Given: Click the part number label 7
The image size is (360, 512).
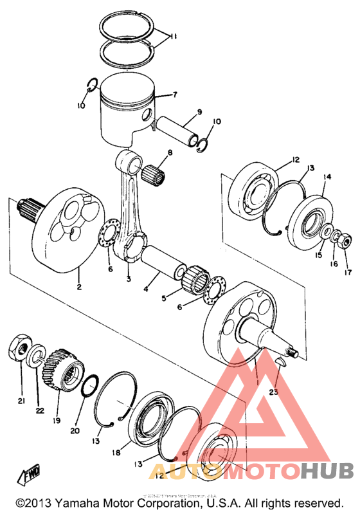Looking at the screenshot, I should click(174, 95).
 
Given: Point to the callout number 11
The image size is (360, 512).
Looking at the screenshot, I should click(175, 37).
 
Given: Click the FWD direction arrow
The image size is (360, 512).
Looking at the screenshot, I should click(30, 477).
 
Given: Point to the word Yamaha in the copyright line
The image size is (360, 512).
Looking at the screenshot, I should click(82, 502).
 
